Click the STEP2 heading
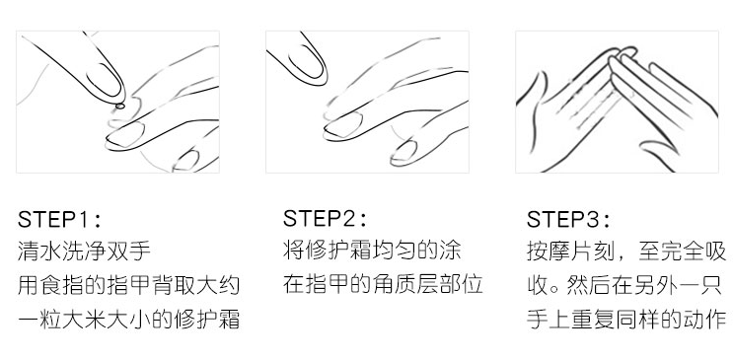click(x=326, y=217)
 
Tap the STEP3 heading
click(x=568, y=219)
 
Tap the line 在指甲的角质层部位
click(x=383, y=286)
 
